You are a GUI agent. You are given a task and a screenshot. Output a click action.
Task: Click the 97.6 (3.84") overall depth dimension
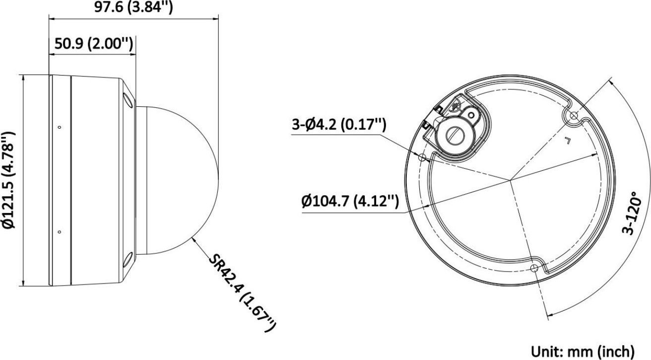coord(133,7)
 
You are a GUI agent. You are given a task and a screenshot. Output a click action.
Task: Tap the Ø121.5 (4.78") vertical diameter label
coord(9,181)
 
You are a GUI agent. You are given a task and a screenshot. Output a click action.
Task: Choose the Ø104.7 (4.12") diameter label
coord(350,202)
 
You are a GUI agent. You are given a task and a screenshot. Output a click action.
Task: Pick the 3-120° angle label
coord(633,214)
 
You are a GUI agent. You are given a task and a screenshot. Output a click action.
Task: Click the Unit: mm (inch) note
coord(583,351)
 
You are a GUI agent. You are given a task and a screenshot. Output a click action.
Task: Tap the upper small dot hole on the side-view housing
coord(60,128)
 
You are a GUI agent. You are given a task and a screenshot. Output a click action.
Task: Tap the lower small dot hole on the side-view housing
coord(60,231)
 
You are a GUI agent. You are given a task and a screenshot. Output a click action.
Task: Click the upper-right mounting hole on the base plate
coord(574,116)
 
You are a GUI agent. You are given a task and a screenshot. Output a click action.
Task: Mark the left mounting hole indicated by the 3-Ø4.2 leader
coord(423,158)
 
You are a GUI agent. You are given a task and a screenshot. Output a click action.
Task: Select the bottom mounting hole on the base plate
coord(534,268)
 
